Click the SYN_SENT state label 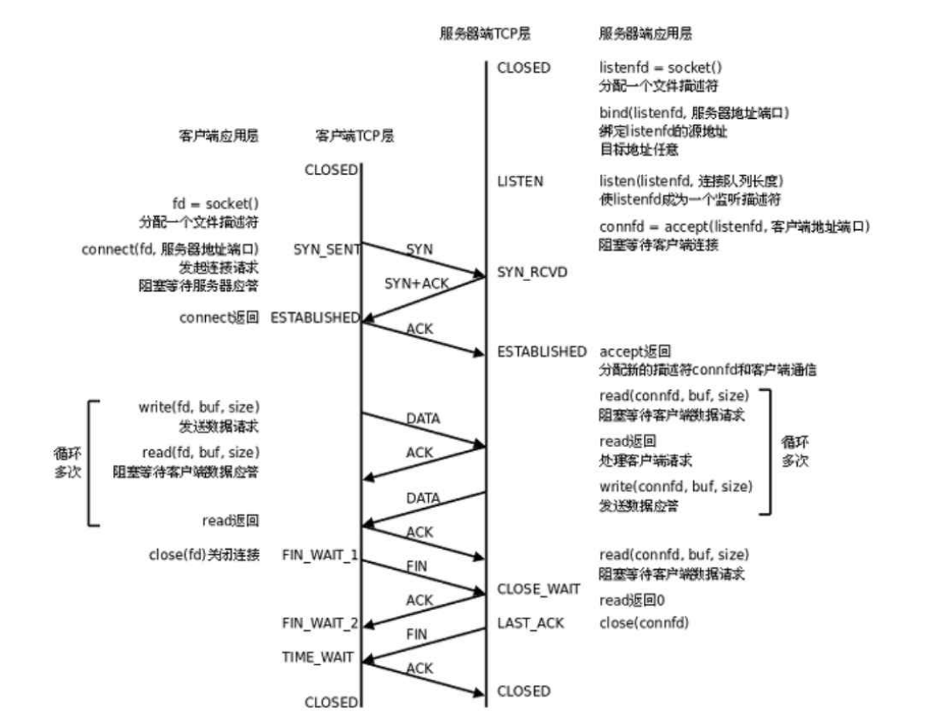point(326,249)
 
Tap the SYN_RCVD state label point(532,273)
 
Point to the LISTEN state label point(520,181)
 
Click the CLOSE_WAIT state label point(538,589)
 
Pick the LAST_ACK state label point(530,622)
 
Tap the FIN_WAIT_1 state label point(321,555)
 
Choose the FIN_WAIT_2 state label point(321,622)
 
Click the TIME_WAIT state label point(317,657)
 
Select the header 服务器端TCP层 point(486,34)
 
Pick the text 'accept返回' point(635,351)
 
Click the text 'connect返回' point(218,318)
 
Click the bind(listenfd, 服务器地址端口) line point(695,112)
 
